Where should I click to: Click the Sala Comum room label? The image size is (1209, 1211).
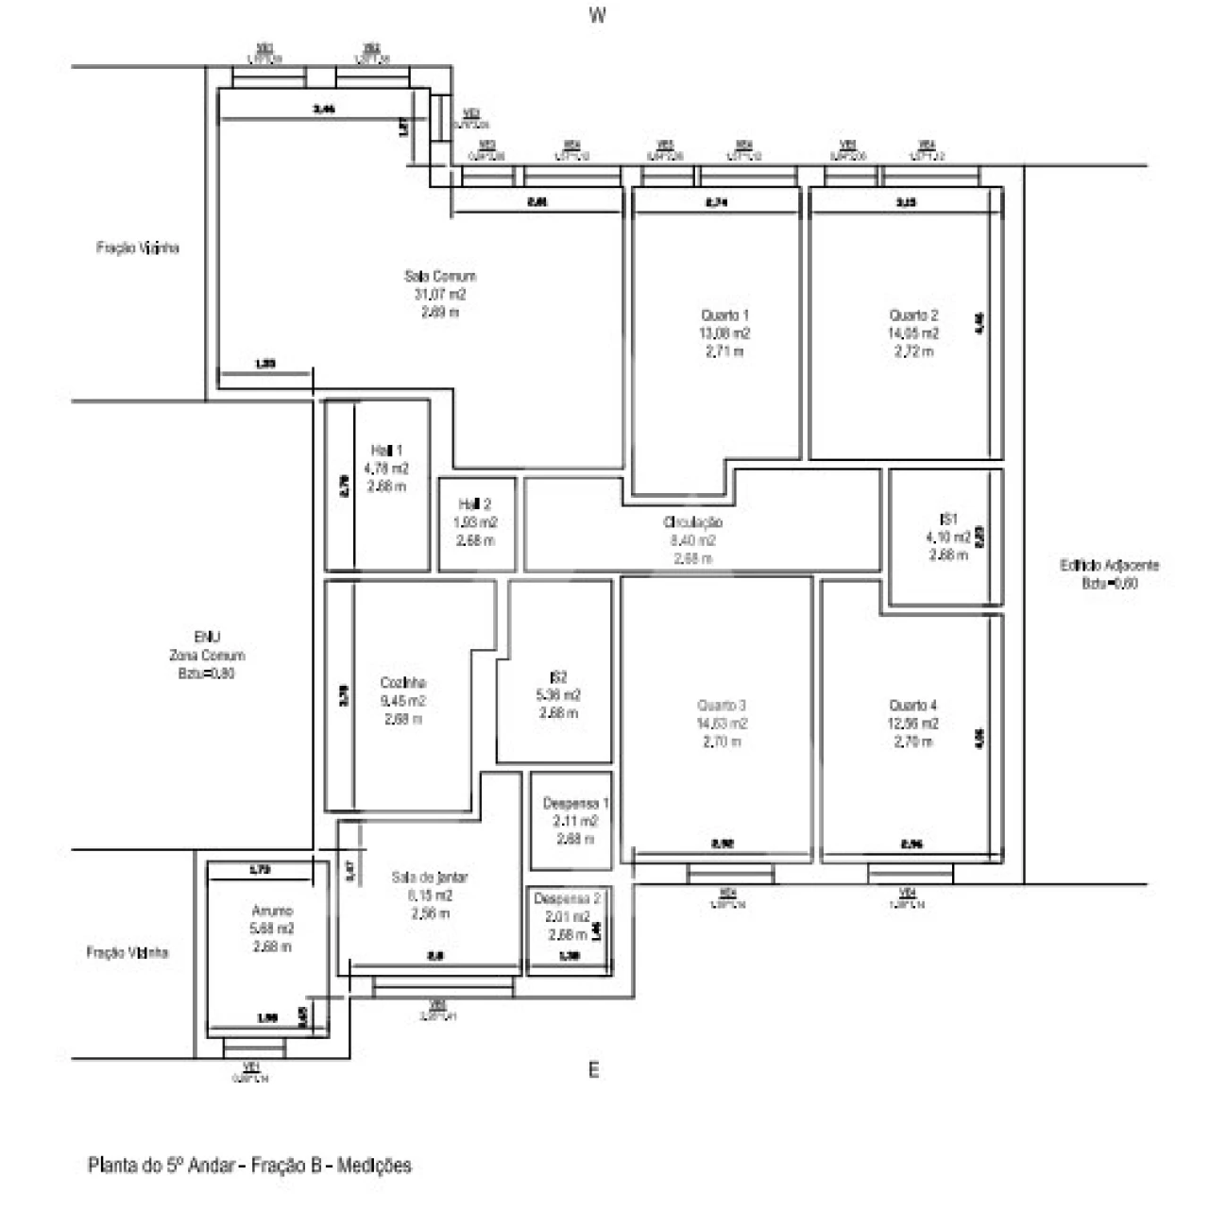(440, 277)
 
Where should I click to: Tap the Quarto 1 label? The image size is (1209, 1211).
(725, 316)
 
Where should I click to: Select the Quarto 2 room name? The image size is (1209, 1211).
(913, 316)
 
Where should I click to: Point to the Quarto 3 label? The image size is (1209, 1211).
(722, 706)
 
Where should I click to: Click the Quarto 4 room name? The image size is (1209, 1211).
(913, 706)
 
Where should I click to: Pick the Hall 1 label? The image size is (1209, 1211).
(386, 451)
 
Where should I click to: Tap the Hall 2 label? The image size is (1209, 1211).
(474, 504)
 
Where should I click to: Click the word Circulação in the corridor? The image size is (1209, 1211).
(692, 522)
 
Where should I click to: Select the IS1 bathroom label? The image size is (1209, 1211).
(948, 520)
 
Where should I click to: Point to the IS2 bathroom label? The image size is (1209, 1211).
(558, 677)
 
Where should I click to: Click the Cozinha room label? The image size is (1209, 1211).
(403, 683)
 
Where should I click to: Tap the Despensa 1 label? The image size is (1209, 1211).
(576, 804)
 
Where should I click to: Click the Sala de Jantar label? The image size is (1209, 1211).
(430, 878)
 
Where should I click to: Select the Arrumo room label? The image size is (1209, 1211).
(272, 911)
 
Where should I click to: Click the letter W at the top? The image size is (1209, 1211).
(596, 15)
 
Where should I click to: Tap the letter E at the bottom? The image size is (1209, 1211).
(593, 1070)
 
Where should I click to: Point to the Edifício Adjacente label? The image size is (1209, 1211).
(1110, 566)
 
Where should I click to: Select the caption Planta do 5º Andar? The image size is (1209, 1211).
(249, 1166)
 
